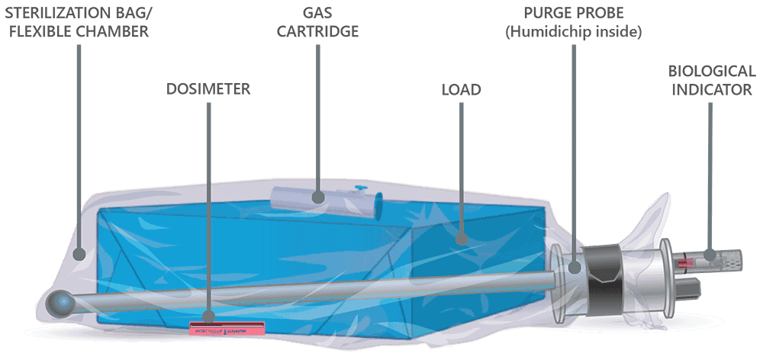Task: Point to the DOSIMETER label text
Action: point(208,89)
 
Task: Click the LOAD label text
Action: point(462,89)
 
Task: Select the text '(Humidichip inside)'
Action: point(572,31)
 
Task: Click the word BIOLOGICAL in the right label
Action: point(712,71)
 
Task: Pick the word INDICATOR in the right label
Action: point(712,89)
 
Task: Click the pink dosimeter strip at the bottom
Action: point(227,329)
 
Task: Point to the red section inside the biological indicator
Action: point(687,263)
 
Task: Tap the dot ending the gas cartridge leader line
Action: point(319,198)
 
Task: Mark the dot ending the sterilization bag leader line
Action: point(80,254)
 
